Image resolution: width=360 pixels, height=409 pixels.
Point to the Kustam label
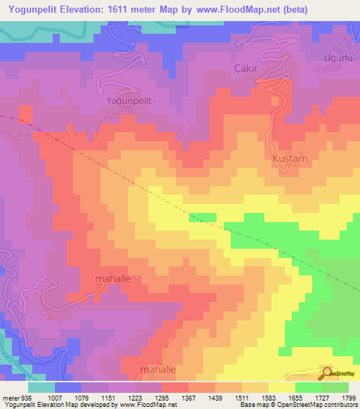[290, 159]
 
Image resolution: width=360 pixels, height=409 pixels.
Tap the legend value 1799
[345, 397]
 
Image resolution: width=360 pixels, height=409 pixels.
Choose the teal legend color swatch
[41, 387]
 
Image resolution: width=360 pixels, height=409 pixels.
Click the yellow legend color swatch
[281, 387]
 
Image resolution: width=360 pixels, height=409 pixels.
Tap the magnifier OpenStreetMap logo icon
[328, 373]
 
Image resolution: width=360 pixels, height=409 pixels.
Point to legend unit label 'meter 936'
[15, 397]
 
